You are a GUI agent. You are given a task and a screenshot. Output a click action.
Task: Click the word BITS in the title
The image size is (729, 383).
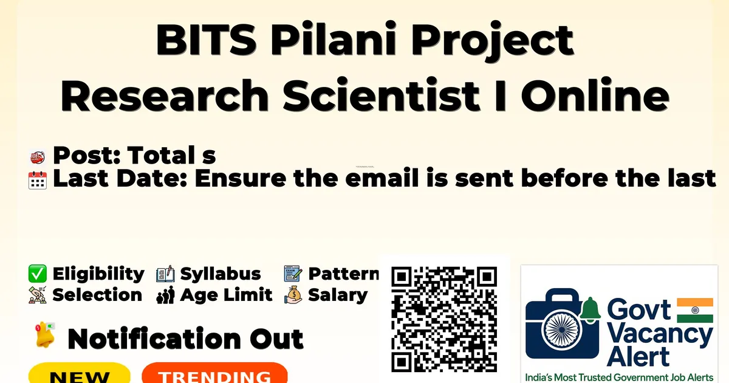[207, 40]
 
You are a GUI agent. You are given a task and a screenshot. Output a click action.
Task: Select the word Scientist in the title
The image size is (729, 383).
[381, 95]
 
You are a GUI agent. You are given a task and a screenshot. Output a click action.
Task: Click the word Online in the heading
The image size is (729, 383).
[595, 95]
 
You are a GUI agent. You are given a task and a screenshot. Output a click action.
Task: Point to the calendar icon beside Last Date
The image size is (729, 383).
[38, 180]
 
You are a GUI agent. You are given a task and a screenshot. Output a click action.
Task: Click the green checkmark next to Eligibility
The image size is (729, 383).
[38, 274]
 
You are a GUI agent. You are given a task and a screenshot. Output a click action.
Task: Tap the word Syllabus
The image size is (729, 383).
[221, 274]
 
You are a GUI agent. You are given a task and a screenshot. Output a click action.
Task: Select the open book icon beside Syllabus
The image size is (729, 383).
[165, 274]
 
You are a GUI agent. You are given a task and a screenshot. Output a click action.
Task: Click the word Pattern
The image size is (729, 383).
[344, 274]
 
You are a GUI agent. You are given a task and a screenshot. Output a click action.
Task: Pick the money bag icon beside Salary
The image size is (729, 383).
[293, 295]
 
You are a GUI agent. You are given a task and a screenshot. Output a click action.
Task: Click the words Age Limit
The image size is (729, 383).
[226, 295]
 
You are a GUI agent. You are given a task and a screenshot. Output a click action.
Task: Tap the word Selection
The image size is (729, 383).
[97, 295]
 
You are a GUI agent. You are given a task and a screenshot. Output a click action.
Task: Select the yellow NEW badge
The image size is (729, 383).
[80, 373]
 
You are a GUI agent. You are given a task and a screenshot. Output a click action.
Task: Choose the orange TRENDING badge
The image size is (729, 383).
[215, 373]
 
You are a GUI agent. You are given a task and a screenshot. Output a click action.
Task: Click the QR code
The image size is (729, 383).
[444, 319]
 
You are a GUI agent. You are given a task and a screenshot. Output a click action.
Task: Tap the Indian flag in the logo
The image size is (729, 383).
[695, 310]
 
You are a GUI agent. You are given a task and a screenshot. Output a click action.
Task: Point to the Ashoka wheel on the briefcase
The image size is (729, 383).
[562, 330]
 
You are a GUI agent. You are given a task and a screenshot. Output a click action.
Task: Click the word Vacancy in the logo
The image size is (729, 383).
[660, 336]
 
